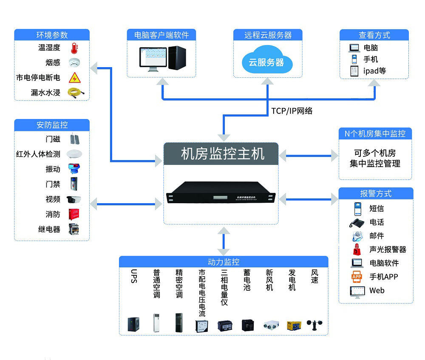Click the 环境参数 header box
pyautogui.click(x=52, y=35)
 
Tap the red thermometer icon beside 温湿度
pyautogui.click(x=75, y=48)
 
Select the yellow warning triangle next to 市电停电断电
pyautogui.click(x=75, y=77)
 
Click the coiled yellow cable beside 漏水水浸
pyautogui.click(x=76, y=92)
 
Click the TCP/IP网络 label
pyautogui.click(x=292, y=111)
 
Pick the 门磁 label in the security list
pyautogui.click(x=53, y=139)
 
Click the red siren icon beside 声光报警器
pyautogui.click(x=356, y=250)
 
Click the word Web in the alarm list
pyautogui.click(x=377, y=291)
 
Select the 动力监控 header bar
pyautogui.click(x=224, y=262)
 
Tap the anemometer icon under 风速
pyautogui.click(x=315, y=325)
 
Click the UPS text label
pyautogui.click(x=134, y=276)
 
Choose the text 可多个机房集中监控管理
pyautogui.click(x=375, y=158)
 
